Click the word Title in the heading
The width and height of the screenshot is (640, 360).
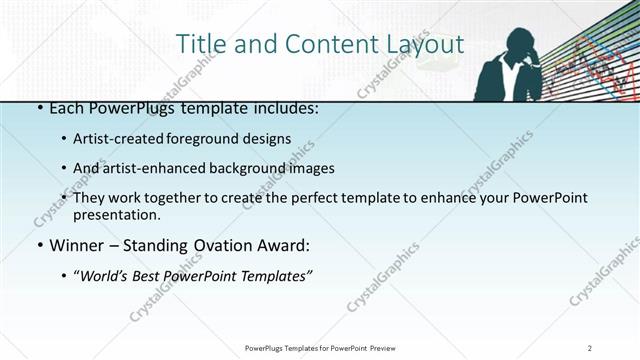click(x=200, y=45)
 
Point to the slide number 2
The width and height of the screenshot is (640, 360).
click(x=591, y=347)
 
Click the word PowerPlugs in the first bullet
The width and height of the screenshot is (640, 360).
click(x=124, y=108)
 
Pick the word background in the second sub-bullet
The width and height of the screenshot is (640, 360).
click(x=251, y=168)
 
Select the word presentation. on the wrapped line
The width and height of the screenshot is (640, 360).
click(x=117, y=214)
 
